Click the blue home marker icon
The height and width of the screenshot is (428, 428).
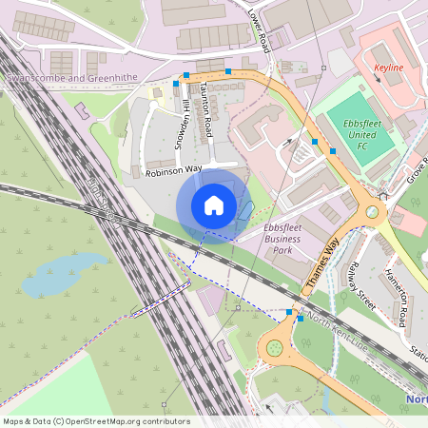(214, 204)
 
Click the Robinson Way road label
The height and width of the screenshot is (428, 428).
(174, 169)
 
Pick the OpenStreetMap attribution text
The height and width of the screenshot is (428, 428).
(95, 421)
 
